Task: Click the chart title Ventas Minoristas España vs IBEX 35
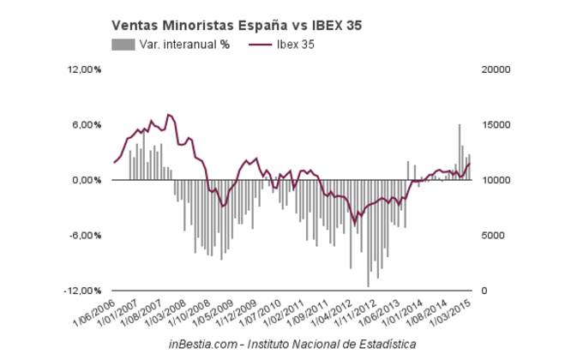pyautogui.click(x=236, y=26)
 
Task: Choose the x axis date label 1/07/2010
pyautogui.click(x=262, y=310)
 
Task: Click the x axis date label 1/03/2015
pyautogui.click(x=454, y=310)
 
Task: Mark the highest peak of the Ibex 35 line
pyautogui.click(x=168, y=114)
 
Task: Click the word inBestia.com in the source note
pyautogui.click(x=197, y=344)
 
